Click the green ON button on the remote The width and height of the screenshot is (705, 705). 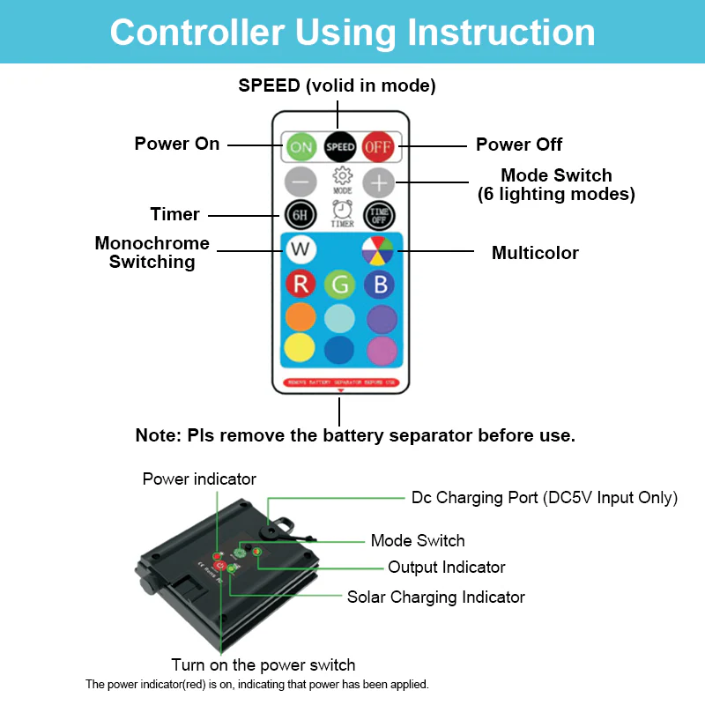pyautogui.click(x=301, y=146)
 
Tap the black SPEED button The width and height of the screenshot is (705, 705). pyautogui.click(x=340, y=146)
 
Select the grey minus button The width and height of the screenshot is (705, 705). pyautogui.click(x=301, y=183)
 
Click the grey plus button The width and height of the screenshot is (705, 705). pyautogui.click(x=379, y=183)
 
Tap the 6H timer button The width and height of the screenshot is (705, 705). pyautogui.click(x=301, y=214)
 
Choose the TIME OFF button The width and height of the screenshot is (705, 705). pyautogui.click(x=379, y=214)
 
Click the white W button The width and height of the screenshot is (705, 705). pyautogui.click(x=301, y=249)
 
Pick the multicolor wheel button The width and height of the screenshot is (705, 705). pyautogui.click(x=379, y=251)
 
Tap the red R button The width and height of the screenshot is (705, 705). pyautogui.click(x=301, y=284)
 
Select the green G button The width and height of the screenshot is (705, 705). pyautogui.click(x=340, y=285)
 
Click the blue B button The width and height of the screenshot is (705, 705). pyautogui.click(x=380, y=284)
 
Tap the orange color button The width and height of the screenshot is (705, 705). pyautogui.click(x=301, y=317)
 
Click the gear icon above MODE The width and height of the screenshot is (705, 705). pyautogui.click(x=342, y=175)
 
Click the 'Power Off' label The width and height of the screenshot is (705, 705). pyautogui.click(x=519, y=145)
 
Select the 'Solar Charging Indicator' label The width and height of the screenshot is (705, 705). pyautogui.click(x=435, y=597)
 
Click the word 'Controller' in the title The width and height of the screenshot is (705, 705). pyautogui.click(x=197, y=33)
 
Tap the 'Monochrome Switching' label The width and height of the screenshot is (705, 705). pyautogui.click(x=152, y=252)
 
